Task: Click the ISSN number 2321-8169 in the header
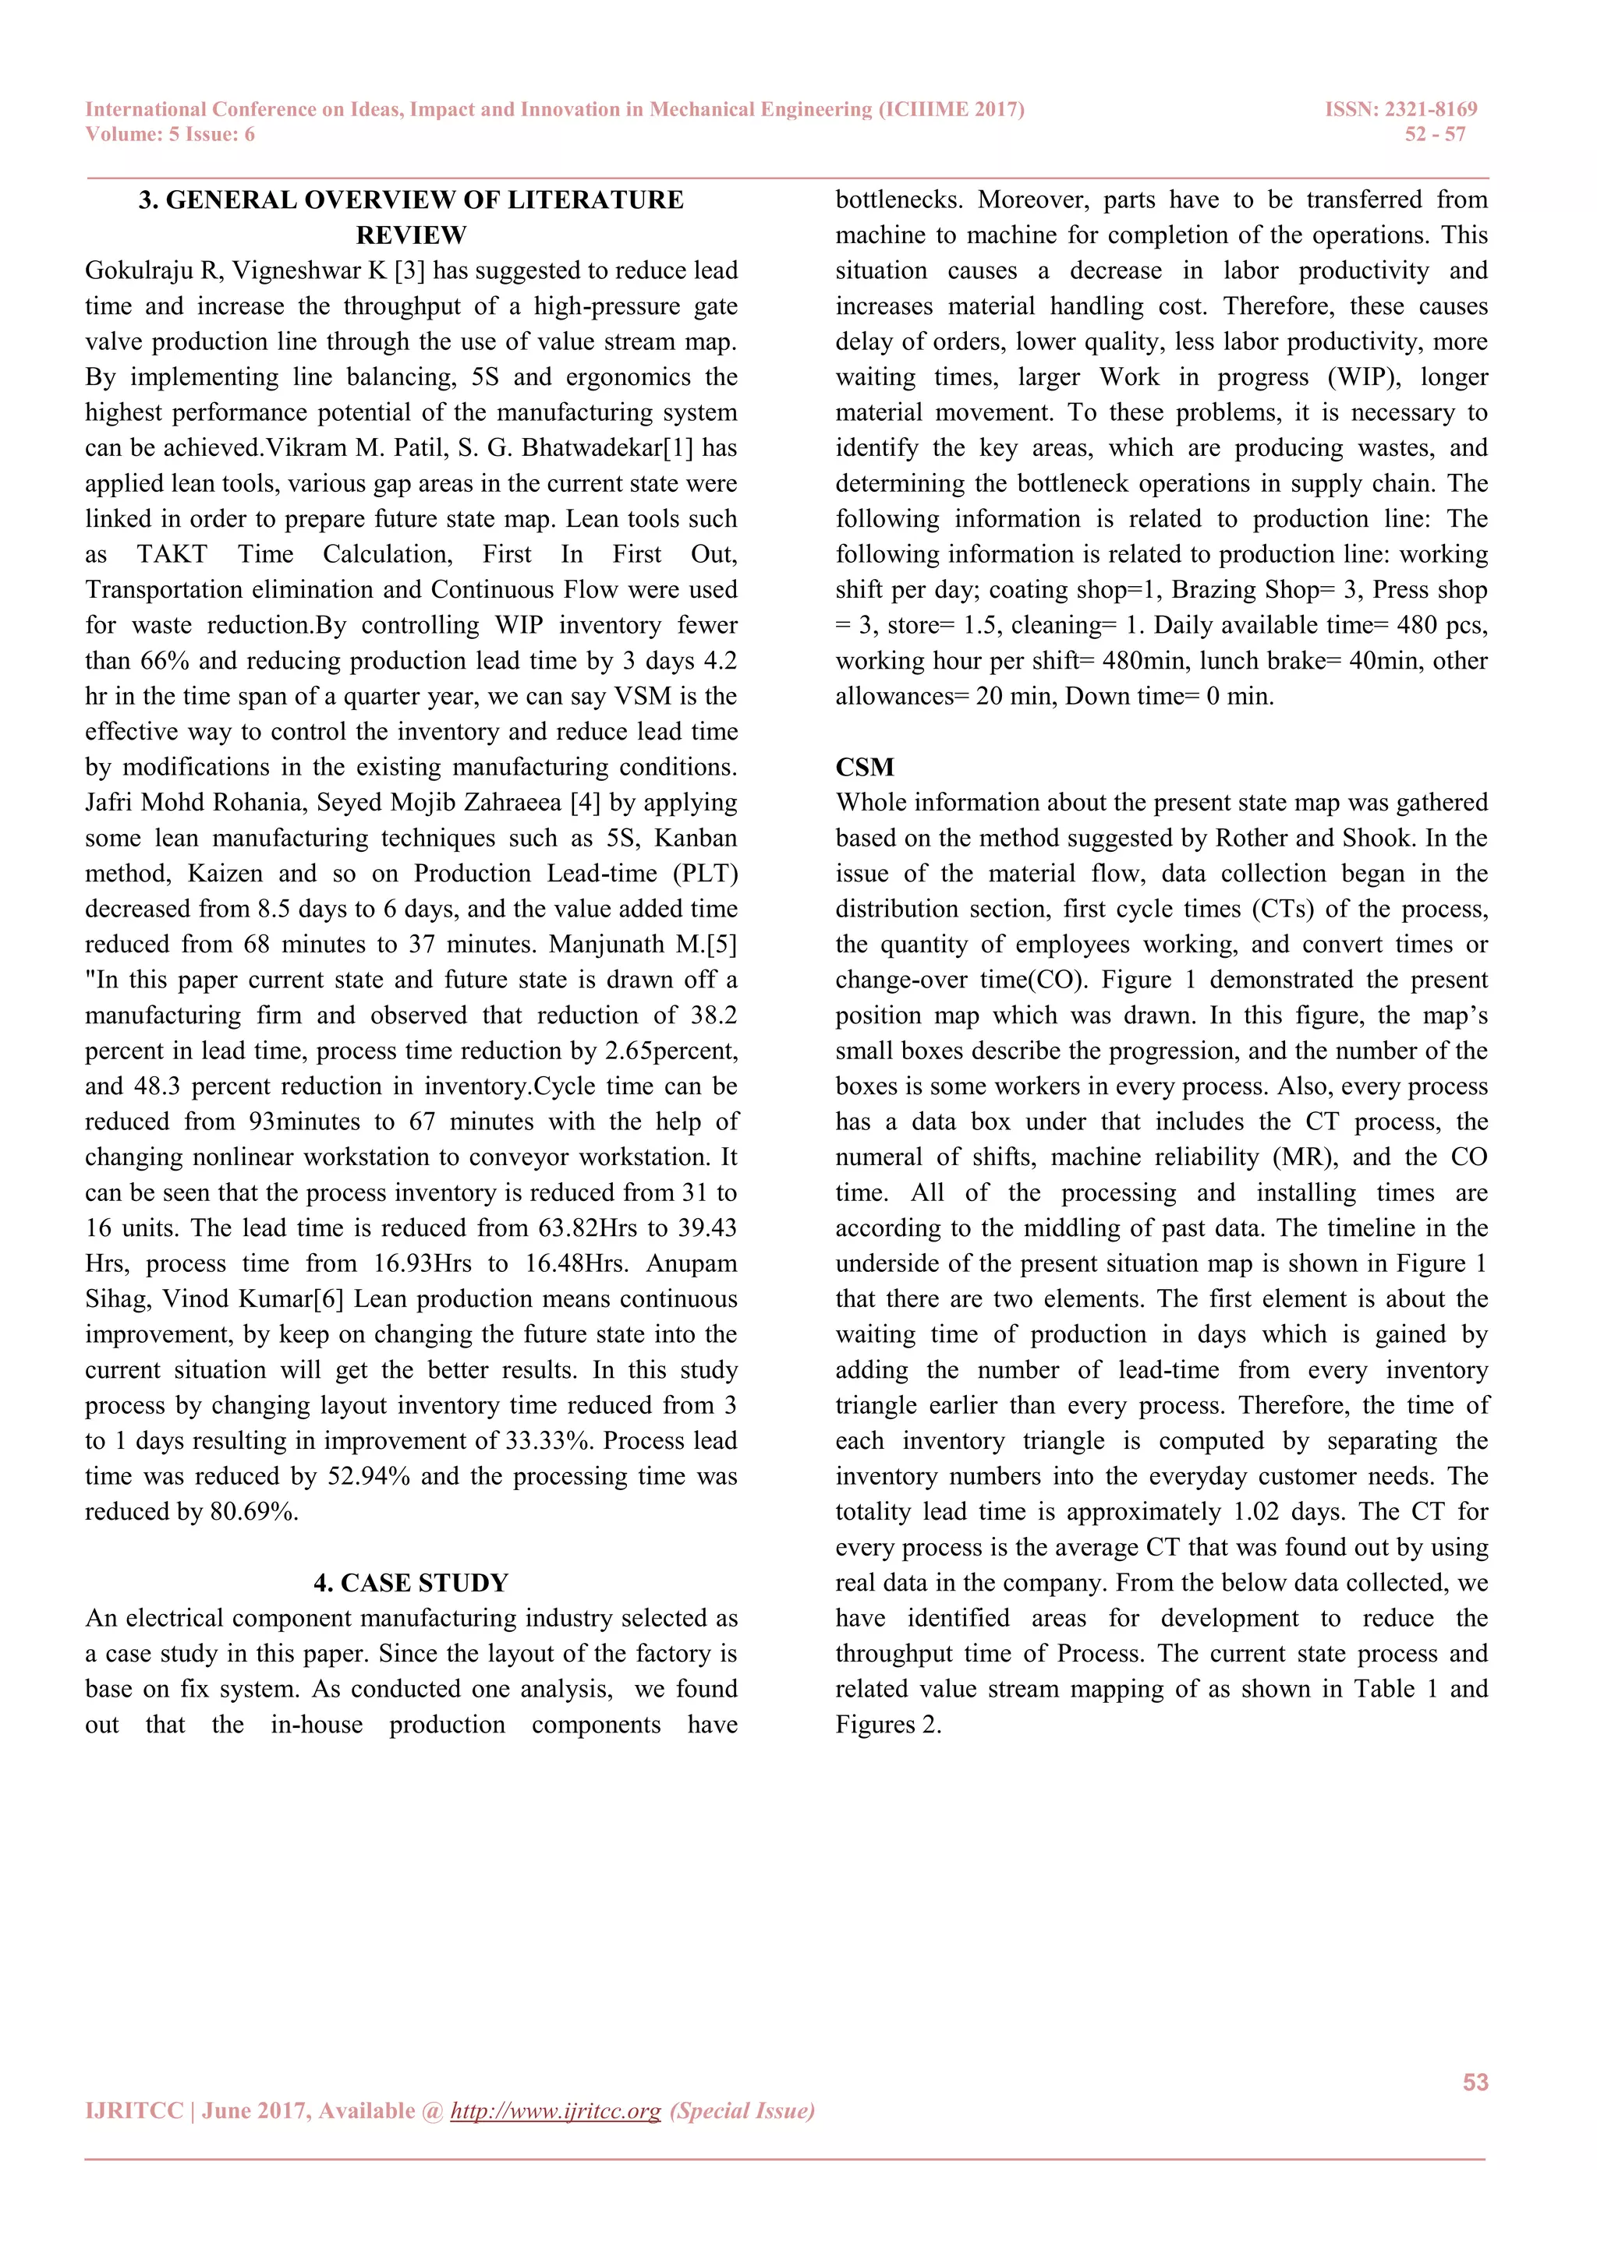click(x=1431, y=109)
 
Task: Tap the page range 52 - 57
click(x=1435, y=135)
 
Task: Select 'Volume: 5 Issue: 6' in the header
click(x=170, y=135)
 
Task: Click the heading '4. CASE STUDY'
click(x=411, y=1583)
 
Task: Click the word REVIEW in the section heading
click(x=411, y=235)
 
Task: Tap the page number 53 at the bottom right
click(x=1475, y=2082)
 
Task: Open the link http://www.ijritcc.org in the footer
click(x=556, y=2110)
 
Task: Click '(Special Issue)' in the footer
click(x=742, y=2110)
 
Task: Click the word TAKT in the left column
click(x=172, y=554)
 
